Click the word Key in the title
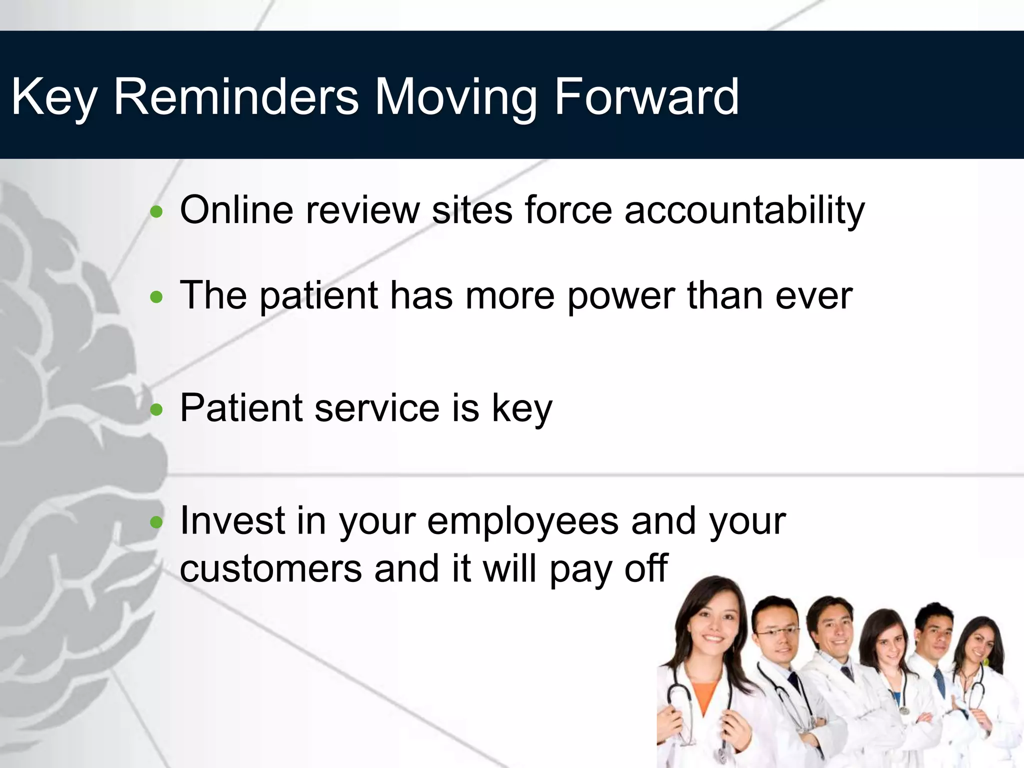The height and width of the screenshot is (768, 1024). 53,97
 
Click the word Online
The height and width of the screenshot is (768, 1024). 236,210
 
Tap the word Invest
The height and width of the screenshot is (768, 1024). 232,521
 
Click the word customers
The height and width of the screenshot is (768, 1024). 270,569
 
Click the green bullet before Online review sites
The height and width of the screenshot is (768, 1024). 156,212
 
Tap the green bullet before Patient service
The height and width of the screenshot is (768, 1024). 156,410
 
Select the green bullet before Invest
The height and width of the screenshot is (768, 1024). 156,522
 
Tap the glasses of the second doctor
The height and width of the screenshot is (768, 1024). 777,632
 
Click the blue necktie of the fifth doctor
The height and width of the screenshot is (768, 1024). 940,683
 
